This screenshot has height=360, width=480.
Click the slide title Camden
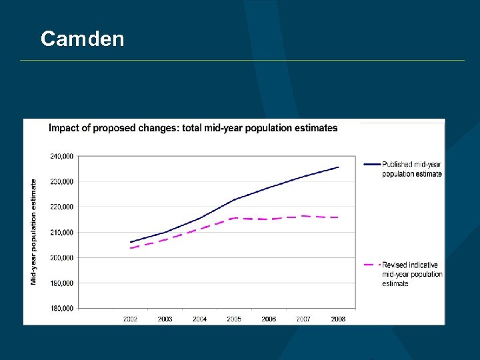coord(82,39)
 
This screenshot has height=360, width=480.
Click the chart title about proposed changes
coord(193,128)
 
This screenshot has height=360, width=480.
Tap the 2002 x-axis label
coord(131,319)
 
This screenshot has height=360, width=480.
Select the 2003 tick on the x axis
coord(165,319)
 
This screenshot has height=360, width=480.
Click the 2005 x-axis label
coord(234,319)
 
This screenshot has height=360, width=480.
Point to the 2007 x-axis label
coord(303,319)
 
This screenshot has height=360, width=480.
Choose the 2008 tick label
coord(338,319)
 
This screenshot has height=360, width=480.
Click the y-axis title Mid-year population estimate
coord(34,232)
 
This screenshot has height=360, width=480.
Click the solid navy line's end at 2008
coord(339,167)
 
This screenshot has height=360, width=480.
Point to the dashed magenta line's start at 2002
coord(131,248)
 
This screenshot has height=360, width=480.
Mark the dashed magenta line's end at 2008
coord(339,217)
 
